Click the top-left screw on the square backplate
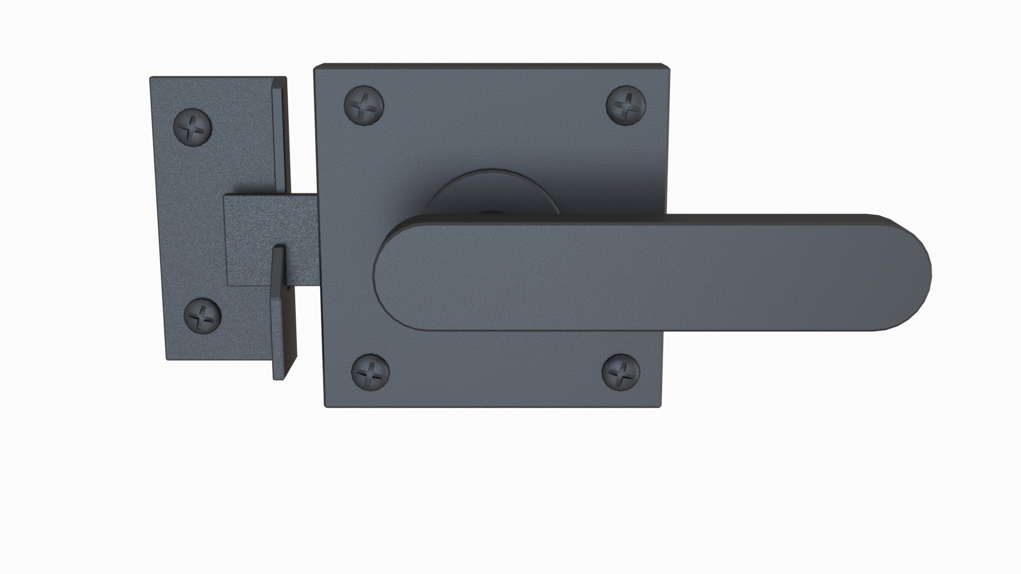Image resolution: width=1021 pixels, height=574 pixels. click(x=364, y=104)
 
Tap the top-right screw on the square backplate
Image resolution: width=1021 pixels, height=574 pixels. click(x=626, y=104)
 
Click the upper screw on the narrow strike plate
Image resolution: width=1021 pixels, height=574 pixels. click(x=193, y=126)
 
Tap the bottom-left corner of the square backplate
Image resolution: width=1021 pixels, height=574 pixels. click(x=326, y=407)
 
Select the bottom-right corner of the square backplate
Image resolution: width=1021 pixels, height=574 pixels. click(x=660, y=407)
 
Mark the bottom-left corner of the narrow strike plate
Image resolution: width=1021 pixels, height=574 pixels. click(x=168, y=359)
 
